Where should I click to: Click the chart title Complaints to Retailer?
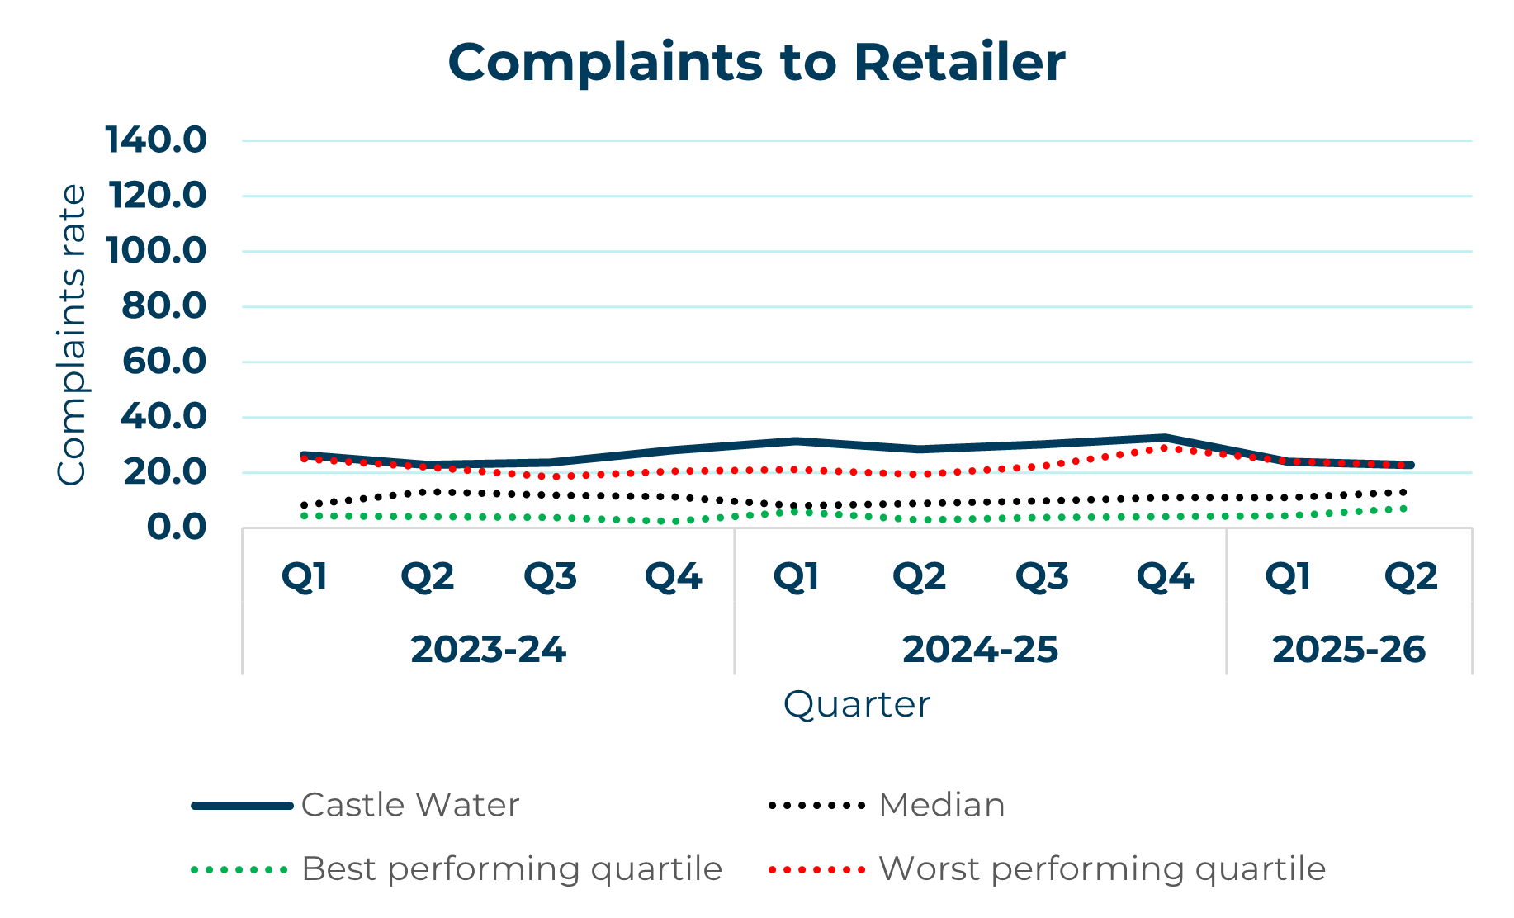click(x=756, y=63)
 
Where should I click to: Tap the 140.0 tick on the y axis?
click(x=156, y=140)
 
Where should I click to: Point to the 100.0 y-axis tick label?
click(x=156, y=251)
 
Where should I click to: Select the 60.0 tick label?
click(x=163, y=362)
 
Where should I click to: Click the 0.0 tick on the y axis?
click(x=176, y=527)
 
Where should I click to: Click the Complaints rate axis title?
click(x=72, y=334)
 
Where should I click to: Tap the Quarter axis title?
click(x=856, y=704)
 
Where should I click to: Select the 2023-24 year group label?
click(x=488, y=650)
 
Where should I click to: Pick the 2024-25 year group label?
click(x=980, y=650)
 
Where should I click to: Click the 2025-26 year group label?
click(x=1349, y=650)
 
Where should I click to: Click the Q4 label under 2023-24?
click(x=673, y=576)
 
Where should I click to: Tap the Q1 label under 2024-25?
click(x=796, y=576)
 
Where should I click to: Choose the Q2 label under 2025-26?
click(x=1411, y=576)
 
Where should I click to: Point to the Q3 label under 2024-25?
click(x=1042, y=576)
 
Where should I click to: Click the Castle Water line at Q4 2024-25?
click(x=1165, y=438)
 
